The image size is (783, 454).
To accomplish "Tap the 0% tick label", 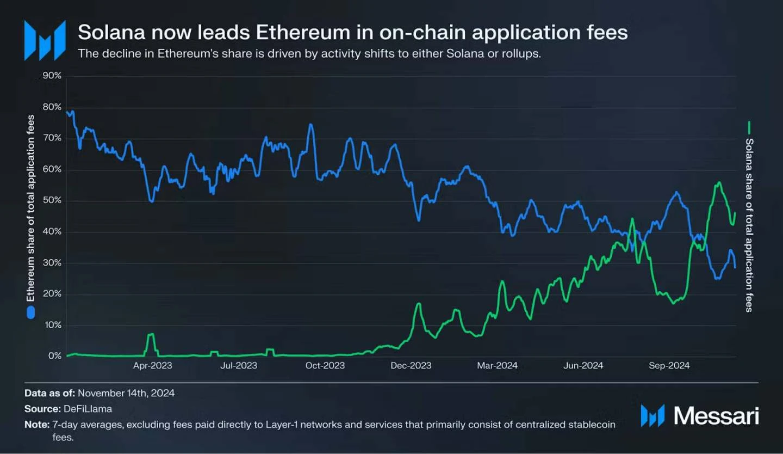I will click(54, 357).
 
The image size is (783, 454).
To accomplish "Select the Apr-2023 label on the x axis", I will click(152, 366).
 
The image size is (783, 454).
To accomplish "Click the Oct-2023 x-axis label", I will click(325, 366).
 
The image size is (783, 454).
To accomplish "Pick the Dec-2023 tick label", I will click(411, 366).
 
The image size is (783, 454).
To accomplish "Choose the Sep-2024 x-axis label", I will click(669, 366).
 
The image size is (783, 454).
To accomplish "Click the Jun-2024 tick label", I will click(583, 366).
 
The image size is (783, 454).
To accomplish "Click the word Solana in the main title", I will click(110, 33).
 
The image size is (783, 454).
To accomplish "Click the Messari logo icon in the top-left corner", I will click(45, 40).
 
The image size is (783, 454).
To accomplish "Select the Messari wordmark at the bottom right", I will click(716, 415).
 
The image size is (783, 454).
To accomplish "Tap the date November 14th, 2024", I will click(126, 392).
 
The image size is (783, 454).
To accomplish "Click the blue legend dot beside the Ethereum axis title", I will click(31, 312).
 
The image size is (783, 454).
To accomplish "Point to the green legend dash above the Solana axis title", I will click(749, 128).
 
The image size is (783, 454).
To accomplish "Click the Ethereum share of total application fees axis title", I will click(31, 208).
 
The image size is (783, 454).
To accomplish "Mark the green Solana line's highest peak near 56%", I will click(719, 182).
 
